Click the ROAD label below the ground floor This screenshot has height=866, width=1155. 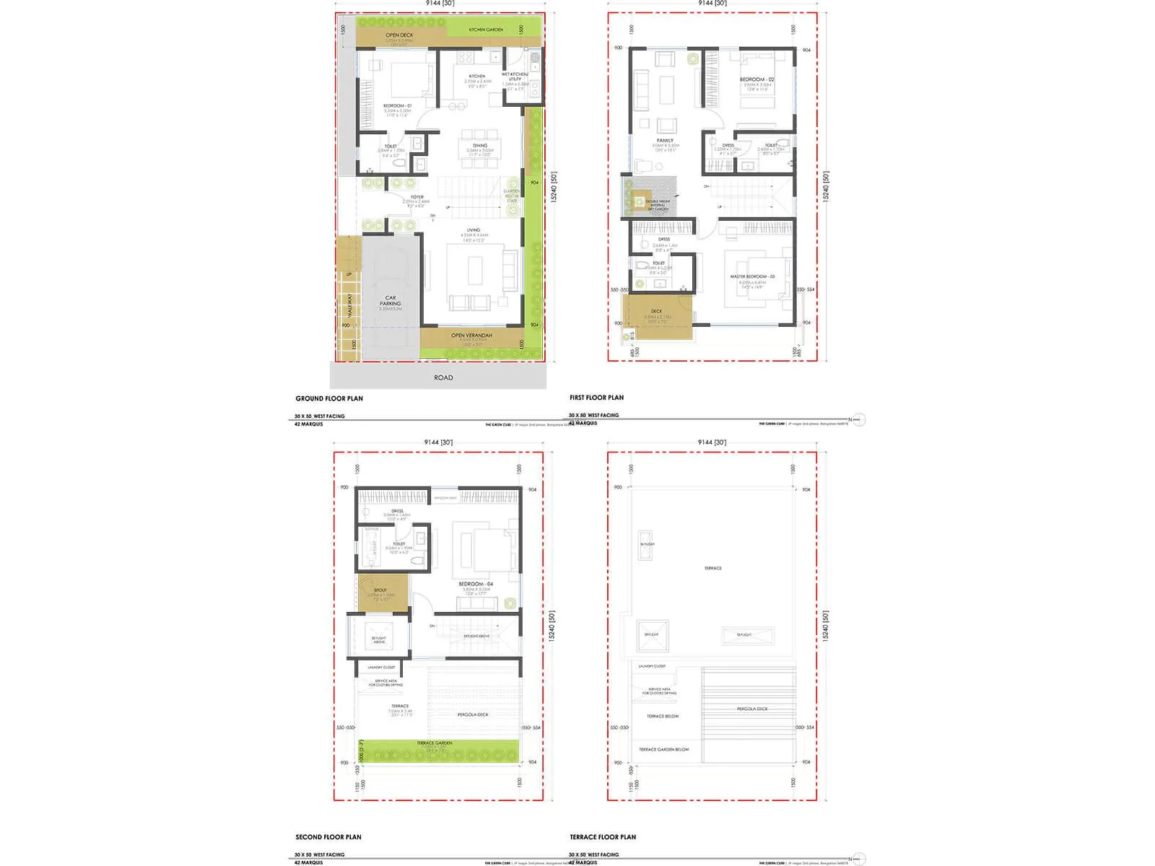coord(443,377)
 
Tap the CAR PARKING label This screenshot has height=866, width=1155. coord(391,301)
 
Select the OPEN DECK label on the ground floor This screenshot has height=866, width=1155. coord(398,35)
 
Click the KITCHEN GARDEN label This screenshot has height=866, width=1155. coord(486,30)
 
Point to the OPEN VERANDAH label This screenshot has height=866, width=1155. coord(471,336)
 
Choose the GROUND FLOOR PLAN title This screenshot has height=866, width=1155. coord(329,398)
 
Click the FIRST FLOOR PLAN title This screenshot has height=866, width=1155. coord(596,398)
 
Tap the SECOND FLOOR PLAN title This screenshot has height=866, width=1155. coord(328,837)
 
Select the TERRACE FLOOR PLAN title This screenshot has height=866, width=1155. coord(603,837)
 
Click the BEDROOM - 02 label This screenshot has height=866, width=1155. coord(757,79)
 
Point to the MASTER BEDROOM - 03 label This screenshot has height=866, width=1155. coord(752,277)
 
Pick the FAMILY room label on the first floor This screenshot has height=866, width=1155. coord(665,141)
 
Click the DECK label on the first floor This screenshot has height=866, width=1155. coord(656,312)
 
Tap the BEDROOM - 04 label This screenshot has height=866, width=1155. coord(476,584)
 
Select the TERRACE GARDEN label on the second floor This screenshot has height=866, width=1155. coord(435,743)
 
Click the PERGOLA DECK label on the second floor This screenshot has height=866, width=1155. coord(473,714)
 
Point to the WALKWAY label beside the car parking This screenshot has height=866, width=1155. coord(350,305)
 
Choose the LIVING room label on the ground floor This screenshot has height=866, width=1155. coord(473,230)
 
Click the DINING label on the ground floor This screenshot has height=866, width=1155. coord(480,146)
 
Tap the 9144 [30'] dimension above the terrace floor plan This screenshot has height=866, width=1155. coord(712,442)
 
